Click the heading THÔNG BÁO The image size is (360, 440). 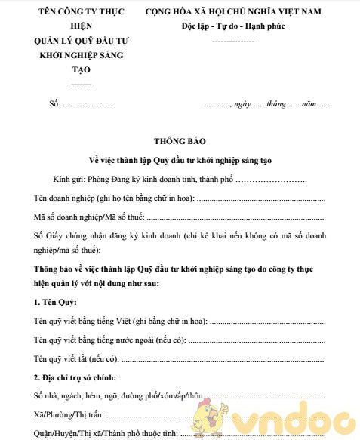[179, 141]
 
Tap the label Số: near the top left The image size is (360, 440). [54, 103]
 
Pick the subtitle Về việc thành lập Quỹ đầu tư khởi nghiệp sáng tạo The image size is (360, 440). [180, 161]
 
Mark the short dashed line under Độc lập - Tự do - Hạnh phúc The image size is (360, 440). [233, 39]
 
